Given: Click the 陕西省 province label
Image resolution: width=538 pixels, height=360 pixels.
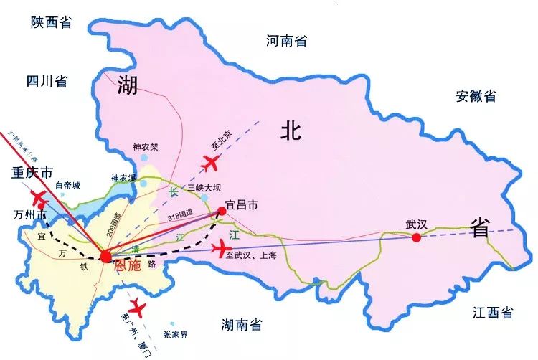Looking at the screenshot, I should [x=52, y=22].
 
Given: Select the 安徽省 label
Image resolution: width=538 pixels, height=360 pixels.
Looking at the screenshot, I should [x=475, y=96].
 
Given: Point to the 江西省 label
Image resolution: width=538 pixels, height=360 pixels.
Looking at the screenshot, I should [x=493, y=312].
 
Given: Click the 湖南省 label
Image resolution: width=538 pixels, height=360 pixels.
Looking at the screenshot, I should [x=242, y=324].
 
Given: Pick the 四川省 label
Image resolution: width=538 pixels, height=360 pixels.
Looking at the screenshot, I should [x=46, y=80].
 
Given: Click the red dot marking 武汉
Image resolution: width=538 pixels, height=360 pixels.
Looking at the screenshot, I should [x=416, y=237].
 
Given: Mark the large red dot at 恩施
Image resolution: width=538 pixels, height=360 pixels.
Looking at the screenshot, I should [x=106, y=256].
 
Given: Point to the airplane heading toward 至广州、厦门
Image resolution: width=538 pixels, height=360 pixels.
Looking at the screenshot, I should [x=136, y=310].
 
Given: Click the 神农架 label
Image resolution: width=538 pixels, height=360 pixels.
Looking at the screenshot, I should [x=145, y=147].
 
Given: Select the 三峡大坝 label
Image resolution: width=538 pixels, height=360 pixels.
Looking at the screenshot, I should [x=203, y=188].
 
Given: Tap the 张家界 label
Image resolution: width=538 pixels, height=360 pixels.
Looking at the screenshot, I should [x=176, y=335].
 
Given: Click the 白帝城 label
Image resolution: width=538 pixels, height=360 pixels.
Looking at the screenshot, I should [x=67, y=185].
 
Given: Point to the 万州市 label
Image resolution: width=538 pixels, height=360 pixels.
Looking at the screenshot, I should [x=29, y=214].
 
